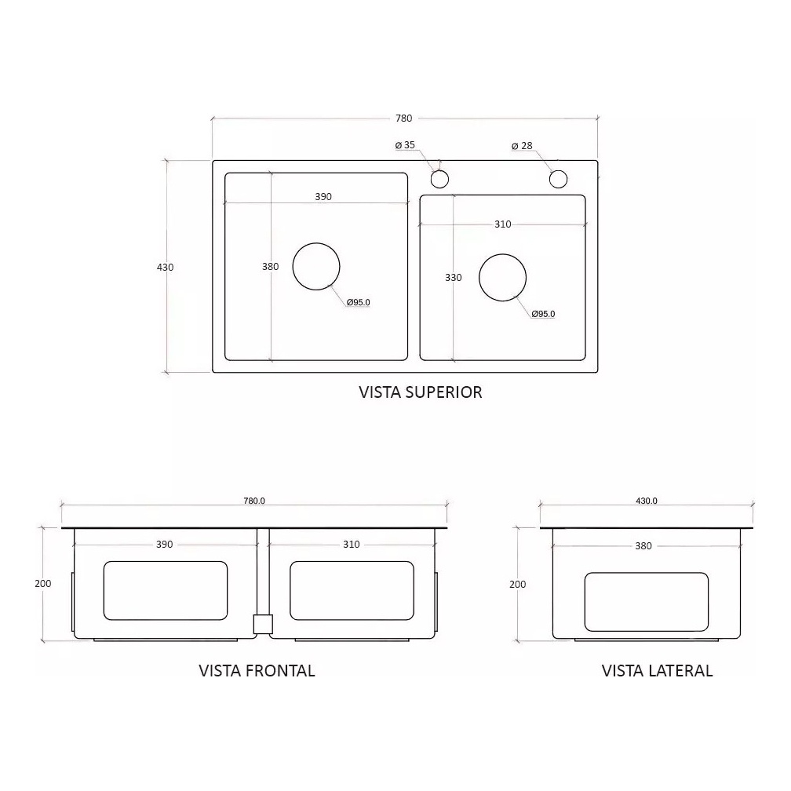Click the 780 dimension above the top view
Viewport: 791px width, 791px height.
click(x=403, y=118)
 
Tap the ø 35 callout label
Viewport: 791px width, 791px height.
click(x=405, y=145)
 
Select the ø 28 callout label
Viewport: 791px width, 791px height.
click(x=522, y=146)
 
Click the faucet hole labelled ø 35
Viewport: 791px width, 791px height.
click(x=439, y=179)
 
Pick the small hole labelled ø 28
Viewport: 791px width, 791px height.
click(x=559, y=179)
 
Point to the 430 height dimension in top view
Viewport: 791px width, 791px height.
click(x=165, y=268)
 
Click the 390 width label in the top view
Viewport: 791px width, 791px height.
click(x=323, y=197)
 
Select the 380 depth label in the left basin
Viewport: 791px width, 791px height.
click(x=271, y=266)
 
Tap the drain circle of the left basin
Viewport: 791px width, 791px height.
click(x=316, y=243)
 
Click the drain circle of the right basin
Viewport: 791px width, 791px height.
click(x=502, y=253)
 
